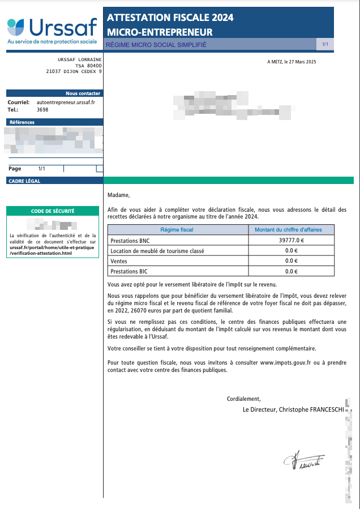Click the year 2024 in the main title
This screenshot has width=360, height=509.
[x=222, y=18]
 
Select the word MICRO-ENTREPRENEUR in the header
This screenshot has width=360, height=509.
[x=160, y=32]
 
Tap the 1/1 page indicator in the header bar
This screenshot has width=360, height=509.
[x=325, y=44]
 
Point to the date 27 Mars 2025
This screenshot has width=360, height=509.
[x=305, y=62]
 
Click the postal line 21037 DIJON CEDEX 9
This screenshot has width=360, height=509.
[x=74, y=72]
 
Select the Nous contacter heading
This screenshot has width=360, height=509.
[x=83, y=93]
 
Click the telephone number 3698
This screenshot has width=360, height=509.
[x=42, y=109]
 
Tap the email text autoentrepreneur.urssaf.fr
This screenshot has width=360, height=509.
[x=65, y=102]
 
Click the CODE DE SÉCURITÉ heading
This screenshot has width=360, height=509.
[x=53, y=211]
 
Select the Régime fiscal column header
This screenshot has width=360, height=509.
[x=177, y=230]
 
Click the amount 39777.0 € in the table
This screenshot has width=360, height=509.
[x=292, y=240]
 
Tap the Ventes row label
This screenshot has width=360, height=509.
[x=119, y=261]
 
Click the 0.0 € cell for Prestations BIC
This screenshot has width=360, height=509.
[x=292, y=271]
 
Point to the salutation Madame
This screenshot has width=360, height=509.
[x=118, y=196]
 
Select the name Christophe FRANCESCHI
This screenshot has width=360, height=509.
[x=315, y=409]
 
